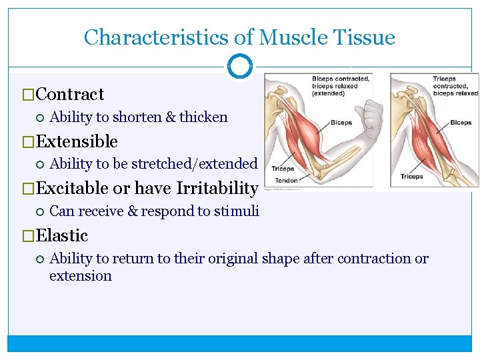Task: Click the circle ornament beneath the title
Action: pyautogui.click(x=240, y=66)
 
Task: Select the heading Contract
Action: pyautogui.click(x=70, y=95)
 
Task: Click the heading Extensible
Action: pyautogui.click(x=77, y=142)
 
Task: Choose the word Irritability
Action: pyautogui.click(x=217, y=189)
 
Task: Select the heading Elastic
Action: pyautogui.click(x=62, y=236)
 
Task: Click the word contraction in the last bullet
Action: pyautogui.click(x=375, y=259)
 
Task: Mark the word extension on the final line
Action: pyautogui.click(x=81, y=276)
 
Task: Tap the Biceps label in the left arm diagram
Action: pyautogui.click(x=341, y=123)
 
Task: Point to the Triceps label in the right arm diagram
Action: pyautogui.click(x=411, y=177)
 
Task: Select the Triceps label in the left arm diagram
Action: pyautogui.click(x=283, y=169)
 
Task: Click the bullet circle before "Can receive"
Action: pyautogui.click(x=39, y=212)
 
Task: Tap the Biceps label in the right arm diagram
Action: pyautogui.click(x=461, y=123)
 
